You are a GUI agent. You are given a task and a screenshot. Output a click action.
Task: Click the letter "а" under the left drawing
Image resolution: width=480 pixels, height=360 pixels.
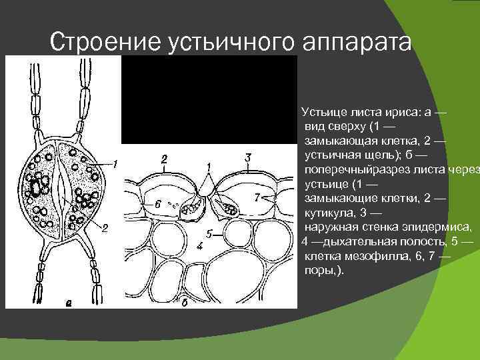point(68,303)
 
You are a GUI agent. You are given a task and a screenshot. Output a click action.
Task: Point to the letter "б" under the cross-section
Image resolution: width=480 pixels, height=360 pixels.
point(183,303)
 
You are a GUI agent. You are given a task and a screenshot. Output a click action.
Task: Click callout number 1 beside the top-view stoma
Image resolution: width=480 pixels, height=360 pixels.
point(115,163)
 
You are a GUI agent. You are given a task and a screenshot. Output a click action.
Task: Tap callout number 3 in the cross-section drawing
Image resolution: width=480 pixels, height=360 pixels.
point(248,157)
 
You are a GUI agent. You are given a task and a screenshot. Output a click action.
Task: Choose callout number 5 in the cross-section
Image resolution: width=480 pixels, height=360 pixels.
point(209,234)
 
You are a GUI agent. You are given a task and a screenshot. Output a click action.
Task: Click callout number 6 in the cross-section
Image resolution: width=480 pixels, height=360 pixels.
point(157,203)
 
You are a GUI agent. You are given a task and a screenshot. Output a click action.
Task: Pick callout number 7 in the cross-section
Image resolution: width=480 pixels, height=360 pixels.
point(257,197)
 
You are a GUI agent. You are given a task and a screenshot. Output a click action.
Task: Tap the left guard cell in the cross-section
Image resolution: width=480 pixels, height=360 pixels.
point(193,205)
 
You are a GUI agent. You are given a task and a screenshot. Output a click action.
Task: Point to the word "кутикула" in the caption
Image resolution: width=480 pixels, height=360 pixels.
point(331,213)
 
